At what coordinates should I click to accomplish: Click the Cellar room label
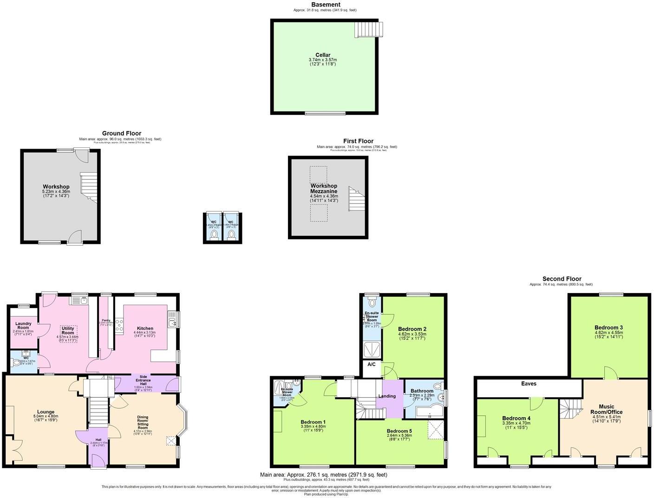pyautogui.click(x=323, y=55)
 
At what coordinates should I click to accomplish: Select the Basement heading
pyautogui.click(x=326, y=5)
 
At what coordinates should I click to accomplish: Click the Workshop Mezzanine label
pyautogui.click(x=324, y=189)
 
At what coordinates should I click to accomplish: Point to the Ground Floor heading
pyautogui.click(x=122, y=133)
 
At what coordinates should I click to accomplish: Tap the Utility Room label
pyautogui.click(x=68, y=330)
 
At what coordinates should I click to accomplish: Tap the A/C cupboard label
pyautogui.click(x=372, y=365)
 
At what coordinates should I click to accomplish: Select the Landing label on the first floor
pyautogui.click(x=387, y=396)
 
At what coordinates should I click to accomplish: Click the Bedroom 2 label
pyautogui.click(x=412, y=329)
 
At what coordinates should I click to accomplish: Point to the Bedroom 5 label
pyautogui.click(x=399, y=431)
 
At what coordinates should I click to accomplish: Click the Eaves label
pyautogui.click(x=529, y=384)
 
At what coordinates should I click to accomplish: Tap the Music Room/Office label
pyautogui.click(x=607, y=409)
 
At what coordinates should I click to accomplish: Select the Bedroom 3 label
pyautogui.click(x=608, y=328)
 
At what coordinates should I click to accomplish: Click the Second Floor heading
pyautogui.click(x=562, y=279)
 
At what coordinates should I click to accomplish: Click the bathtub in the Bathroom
pyautogui.click(x=424, y=412)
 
